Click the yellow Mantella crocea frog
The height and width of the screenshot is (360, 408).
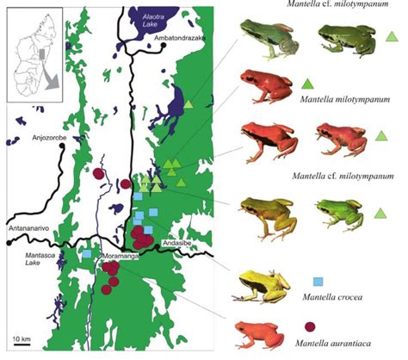click(x=265, y=285)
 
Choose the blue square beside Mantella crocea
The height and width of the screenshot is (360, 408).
click(x=318, y=282)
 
